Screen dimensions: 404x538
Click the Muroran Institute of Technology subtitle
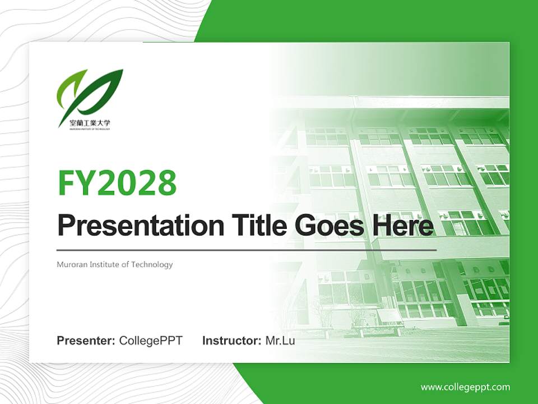coord(115,264)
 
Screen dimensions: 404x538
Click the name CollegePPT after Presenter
coord(151,341)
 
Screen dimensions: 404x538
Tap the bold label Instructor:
coord(231,341)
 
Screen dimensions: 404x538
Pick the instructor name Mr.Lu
coord(280,341)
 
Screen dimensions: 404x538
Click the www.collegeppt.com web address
coord(465,387)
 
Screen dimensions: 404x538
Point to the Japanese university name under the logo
coord(85,122)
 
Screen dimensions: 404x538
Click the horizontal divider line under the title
coord(247,249)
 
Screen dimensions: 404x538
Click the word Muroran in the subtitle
coord(71,264)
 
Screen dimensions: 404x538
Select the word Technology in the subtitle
coord(152,264)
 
